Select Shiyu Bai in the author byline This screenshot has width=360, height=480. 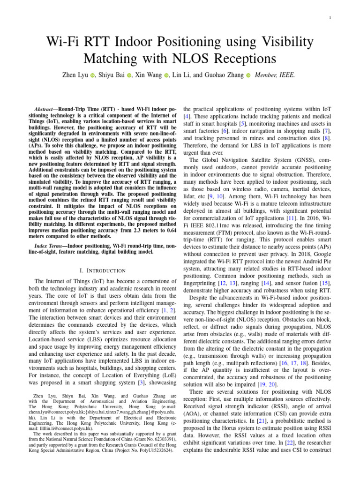click(x=112, y=75)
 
